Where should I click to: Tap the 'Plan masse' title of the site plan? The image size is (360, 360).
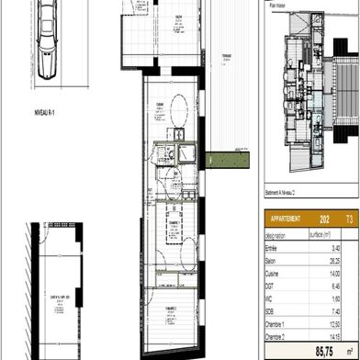pyautogui.click(x=275, y=5)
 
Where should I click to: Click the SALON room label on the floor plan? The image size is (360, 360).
pyautogui.click(x=177, y=16)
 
